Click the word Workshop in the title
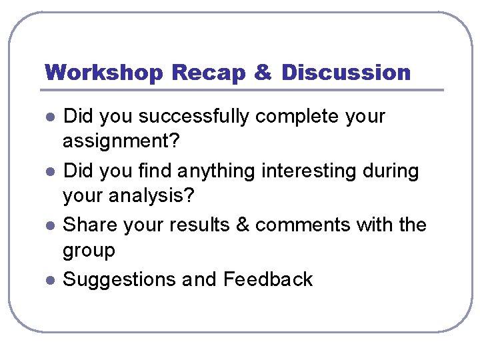point(104,72)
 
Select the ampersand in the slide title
point(263,72)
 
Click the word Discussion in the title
point(346,72)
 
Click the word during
point(390,171)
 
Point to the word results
point(198,225)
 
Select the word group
point(89,251)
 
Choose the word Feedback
point(268,279)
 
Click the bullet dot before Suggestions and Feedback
point(49,281)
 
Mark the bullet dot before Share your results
point(49,227)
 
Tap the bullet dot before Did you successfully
point(49,118)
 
